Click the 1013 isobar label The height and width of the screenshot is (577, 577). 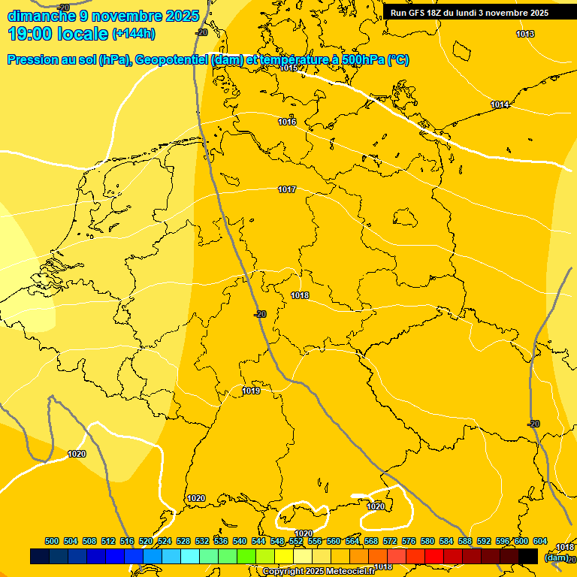525,34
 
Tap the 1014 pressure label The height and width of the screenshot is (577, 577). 500,104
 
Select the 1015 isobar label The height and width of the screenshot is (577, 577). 288,68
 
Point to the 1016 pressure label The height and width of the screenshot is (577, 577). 287,122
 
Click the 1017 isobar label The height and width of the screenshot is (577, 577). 287,189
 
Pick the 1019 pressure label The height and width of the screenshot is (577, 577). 251,391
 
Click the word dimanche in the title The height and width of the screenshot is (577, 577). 41,16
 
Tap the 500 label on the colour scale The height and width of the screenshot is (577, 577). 52,541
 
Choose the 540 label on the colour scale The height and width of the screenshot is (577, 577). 240,541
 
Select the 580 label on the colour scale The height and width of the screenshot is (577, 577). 427,541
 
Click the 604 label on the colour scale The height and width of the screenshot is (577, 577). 540,541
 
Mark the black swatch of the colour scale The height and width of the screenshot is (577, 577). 527,556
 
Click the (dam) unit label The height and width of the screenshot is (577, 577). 556,557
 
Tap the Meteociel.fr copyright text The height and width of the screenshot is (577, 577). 319,572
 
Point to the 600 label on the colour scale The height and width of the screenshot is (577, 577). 521,541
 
